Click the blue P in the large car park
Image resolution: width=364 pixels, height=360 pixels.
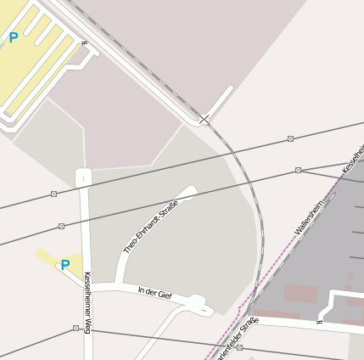pos(13,37)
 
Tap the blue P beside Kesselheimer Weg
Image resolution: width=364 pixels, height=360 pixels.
pos(64,265)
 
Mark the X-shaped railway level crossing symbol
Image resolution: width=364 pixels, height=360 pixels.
pos(204,120)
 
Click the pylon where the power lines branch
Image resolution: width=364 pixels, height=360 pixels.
pos(298,170)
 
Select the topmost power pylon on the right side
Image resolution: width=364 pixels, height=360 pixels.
pos(290,138)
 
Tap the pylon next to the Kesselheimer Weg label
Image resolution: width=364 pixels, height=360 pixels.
pos(76,328)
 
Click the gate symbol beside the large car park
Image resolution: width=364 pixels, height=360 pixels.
pos(83,42)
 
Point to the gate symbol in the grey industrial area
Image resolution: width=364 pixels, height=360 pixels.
pos(320,320)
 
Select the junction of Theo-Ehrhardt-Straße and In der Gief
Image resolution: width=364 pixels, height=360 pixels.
pos(120,286)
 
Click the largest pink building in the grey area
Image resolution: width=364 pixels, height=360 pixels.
pos(300,294)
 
